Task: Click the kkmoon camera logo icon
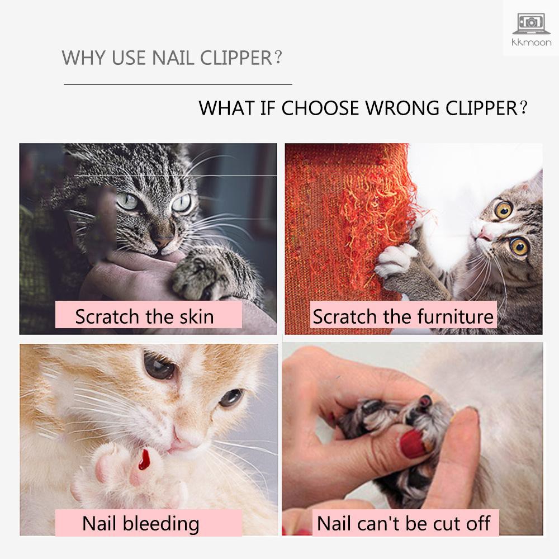pos(530,22)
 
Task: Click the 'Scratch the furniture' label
pos(403,316)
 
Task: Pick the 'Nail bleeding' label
pos(141,523)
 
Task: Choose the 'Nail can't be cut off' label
pos(403,523)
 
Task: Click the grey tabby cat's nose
pos(163,242)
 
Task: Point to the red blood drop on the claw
pos(145,459)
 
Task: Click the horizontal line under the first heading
pos(178,84)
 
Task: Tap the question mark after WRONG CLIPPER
pos(523,108)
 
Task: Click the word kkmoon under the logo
pos(530,42)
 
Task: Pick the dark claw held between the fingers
pos(426,401)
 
